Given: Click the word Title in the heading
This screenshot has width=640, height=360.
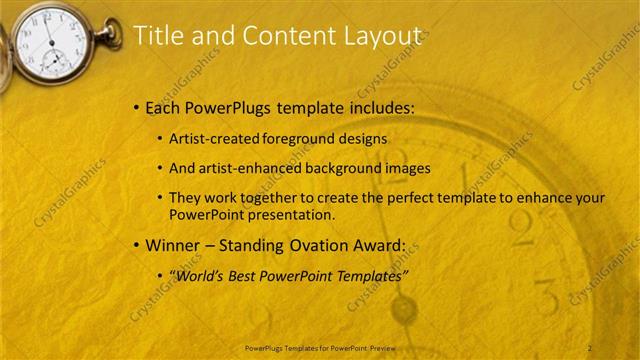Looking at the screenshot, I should tap(157, 36).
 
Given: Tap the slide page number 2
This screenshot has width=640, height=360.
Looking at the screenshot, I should tap(590, 347).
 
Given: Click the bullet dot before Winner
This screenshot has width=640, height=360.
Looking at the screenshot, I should tap(136, 246).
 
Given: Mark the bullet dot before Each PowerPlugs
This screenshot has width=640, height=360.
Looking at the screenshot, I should tap(136, 108).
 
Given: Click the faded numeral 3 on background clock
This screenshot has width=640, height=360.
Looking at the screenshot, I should tap(544, 297).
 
